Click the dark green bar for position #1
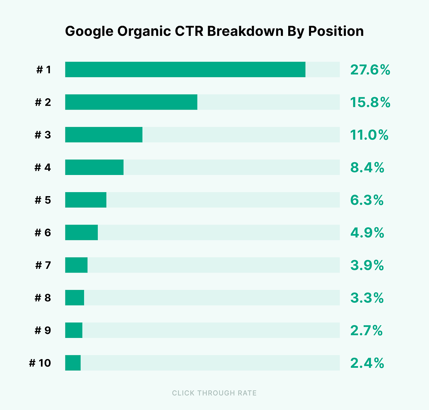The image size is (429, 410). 185,69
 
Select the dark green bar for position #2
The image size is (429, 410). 131,102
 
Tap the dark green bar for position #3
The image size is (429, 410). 104,134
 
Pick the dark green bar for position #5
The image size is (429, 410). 85,200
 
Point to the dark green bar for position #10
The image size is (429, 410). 73,363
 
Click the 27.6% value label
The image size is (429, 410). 370,70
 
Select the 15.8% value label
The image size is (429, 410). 370,102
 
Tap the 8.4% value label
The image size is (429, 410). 367,167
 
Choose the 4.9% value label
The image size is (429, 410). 367,233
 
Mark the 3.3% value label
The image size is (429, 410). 367,298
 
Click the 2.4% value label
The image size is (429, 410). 367,363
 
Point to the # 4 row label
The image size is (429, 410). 43,167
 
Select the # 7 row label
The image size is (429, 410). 43,265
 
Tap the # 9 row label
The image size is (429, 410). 43,330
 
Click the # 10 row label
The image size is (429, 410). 40,363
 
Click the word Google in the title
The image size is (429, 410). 89,32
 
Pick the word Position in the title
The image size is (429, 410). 336,32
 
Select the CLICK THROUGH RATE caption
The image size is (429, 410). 214,393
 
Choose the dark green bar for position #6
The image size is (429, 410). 81,232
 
